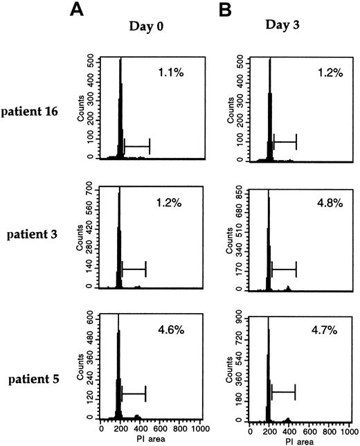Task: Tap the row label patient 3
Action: pyautogui.click(x=39, y=235)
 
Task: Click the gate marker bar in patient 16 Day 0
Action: pyautogui.click(x=136, y=146)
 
